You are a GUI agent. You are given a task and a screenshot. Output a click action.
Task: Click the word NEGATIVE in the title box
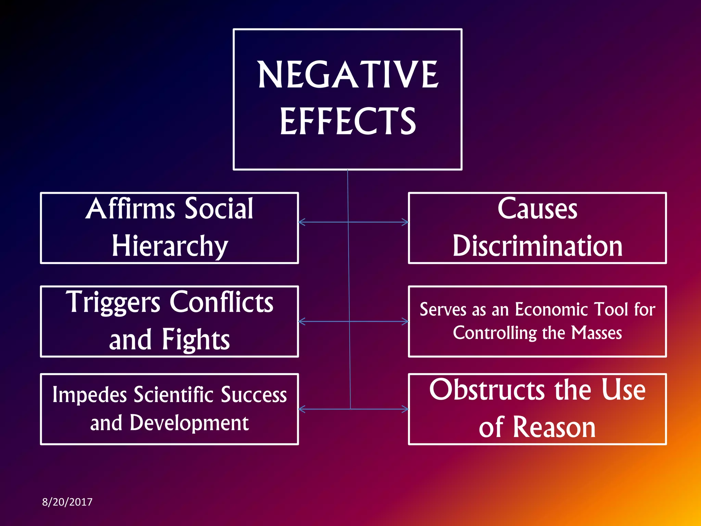pos(347,74)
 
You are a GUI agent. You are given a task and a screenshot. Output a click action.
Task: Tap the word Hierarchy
pos(170,246)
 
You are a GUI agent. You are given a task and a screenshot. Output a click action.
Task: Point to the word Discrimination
pos(537,246)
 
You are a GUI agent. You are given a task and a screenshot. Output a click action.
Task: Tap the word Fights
pos(196,339)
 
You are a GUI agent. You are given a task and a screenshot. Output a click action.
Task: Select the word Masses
pos(597,333)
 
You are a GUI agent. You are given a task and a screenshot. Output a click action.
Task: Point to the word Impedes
pos(90,395)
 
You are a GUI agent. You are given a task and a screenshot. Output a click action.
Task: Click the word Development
pos(189,423)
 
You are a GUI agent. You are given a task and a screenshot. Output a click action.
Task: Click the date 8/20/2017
pos(67,502)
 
